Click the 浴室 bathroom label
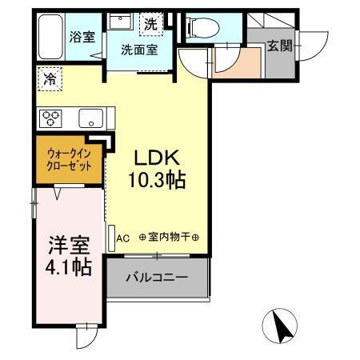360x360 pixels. [81, 36]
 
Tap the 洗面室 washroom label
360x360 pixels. [138, 49]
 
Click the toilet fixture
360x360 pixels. [204, 27]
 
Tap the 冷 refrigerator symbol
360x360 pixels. [50, 78]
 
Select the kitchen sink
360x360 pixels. [89, 119]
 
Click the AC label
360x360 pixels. [123, 238]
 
